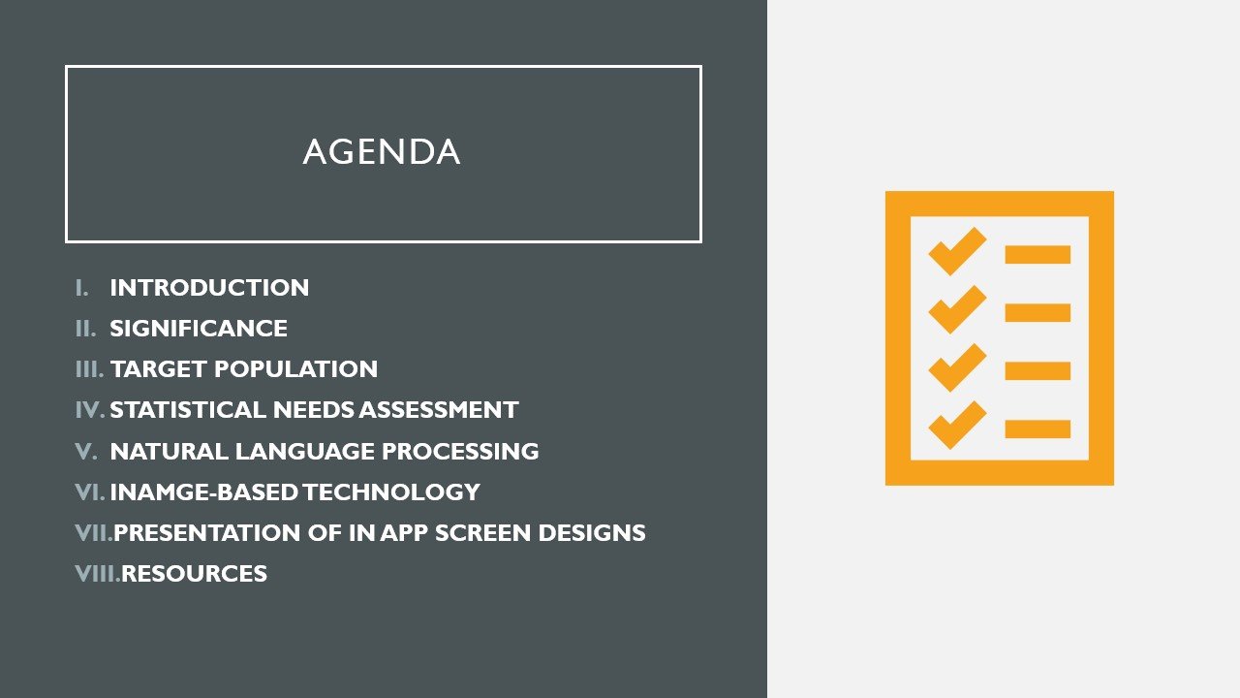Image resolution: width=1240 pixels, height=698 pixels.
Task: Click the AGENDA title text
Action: (x=382, y=152)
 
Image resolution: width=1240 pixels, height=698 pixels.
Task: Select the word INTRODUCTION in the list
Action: (x=209, y=288)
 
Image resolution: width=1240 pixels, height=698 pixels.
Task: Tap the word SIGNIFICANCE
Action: (x=199, y=329)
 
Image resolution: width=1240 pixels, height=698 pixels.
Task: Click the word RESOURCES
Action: (x=195, y=573)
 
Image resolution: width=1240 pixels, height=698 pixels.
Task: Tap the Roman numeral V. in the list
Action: (x=86, y=451)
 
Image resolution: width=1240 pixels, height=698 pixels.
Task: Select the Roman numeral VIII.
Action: (x=97, y=573)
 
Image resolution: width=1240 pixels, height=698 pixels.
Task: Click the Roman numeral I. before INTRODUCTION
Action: (x=81, y=288)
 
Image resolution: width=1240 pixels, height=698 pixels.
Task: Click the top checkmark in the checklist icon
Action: (x=956, y=250)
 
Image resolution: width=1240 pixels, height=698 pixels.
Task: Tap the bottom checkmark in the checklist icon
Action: (x=956, y=425)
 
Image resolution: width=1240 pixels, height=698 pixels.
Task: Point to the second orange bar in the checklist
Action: (x=1038, y=312)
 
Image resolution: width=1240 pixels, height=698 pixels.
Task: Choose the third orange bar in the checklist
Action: (x=1038, y=370)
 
